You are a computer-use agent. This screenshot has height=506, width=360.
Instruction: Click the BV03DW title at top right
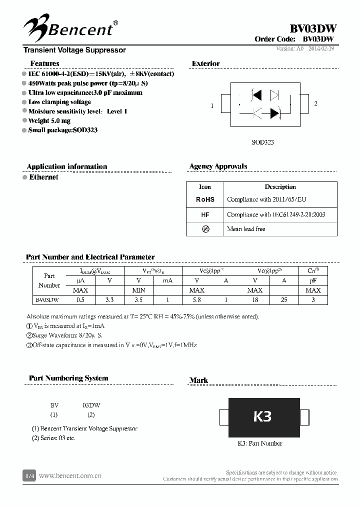coord(313,28)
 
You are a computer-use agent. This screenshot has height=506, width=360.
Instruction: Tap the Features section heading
coord(44,63)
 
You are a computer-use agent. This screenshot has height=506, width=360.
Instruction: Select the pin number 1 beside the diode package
coord(212,105)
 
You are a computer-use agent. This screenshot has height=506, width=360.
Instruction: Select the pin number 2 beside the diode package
coord(315,103)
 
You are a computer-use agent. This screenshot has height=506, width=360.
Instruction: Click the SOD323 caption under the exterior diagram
coord(262,142)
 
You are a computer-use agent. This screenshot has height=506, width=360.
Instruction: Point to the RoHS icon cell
coord(205,199)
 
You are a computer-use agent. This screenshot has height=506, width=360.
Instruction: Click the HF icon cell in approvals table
coord(205,214)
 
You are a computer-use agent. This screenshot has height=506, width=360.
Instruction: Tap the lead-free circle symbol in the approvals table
coord(205,229)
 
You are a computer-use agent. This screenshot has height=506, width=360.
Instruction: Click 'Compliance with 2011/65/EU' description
coord(266,199)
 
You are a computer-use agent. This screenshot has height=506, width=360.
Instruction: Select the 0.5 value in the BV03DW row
coord(80,300)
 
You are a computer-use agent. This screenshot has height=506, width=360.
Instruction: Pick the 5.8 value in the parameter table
coord(196,300)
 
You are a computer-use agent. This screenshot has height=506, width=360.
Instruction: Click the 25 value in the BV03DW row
coord(283,300)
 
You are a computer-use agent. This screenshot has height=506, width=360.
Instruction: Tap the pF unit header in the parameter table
coord(313,280)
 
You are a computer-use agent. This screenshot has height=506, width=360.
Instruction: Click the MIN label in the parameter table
coord(138,290)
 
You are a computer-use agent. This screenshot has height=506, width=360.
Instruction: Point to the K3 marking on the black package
coord(262,416)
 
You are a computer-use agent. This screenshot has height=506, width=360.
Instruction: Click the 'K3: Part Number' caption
coord(259,443)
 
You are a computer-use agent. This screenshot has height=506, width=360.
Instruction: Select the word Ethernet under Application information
coord(43,177)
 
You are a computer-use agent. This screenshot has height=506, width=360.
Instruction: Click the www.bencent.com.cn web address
coord(70,475)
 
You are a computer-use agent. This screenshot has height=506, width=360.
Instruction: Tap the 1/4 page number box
coord(29,475)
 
